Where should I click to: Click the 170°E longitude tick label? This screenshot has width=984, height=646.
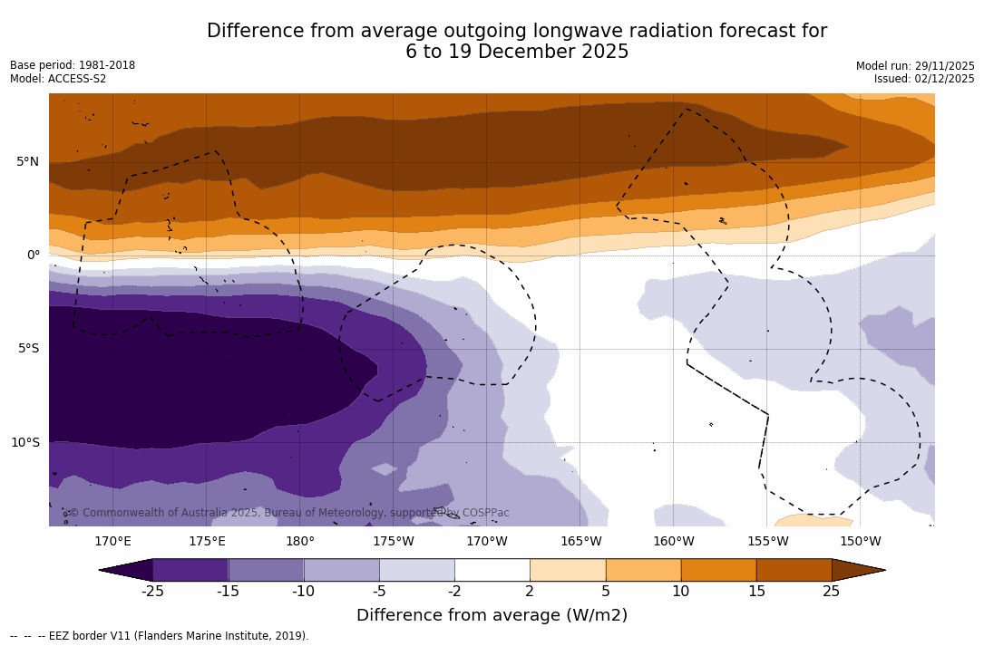tap(112, 542)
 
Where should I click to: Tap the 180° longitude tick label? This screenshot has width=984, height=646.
tap(300, 542)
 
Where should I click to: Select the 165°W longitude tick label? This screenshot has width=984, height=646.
tap(580, 542)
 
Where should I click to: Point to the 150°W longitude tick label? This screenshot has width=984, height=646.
tap(860, 542)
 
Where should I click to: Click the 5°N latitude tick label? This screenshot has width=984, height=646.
tap(27, 162)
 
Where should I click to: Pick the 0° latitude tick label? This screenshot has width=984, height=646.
tap(33, 256)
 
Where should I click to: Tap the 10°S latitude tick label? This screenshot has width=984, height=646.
tap(24, 443)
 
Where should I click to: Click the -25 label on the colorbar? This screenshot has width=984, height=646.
tap(152, 592)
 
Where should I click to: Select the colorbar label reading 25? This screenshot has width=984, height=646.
tap(831, 592)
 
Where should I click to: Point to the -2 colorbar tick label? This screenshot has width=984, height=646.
tap(454, 592)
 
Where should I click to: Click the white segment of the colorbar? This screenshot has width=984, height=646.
tap(492, 570)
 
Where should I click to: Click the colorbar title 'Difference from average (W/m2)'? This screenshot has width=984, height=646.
tap(492, 615)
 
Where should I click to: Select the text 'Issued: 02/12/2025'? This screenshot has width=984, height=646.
tap(924, 79)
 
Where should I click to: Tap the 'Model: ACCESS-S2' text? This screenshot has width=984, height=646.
tap(58, 79)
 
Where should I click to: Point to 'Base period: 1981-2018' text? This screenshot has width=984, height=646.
tap(73, 65)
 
